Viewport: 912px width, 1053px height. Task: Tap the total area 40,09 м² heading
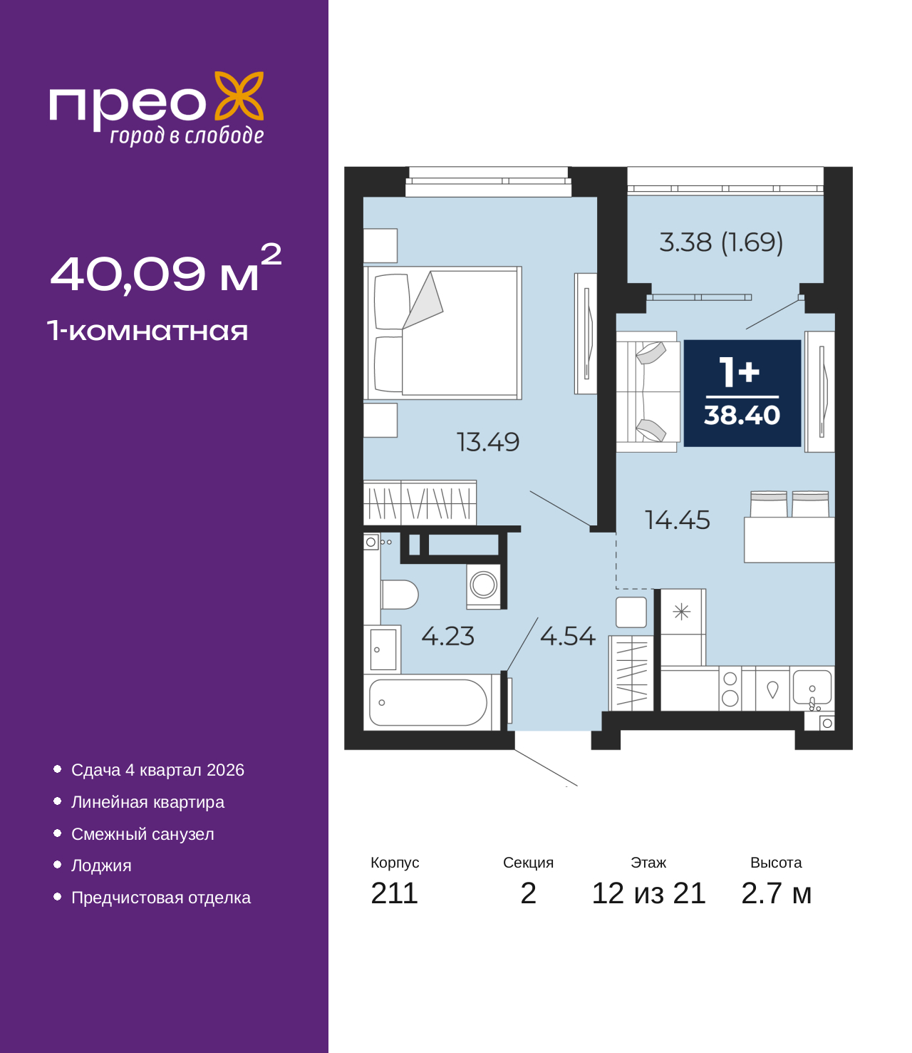165,271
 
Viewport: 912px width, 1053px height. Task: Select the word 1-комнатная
147,331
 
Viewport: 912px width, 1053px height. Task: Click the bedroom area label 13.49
488,442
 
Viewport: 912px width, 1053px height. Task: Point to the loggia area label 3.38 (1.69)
721,242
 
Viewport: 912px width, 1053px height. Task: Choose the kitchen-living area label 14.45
677,520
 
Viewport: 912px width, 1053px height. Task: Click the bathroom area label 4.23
447,636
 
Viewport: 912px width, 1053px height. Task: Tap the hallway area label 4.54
567,636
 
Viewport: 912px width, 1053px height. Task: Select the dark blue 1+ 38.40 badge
742,394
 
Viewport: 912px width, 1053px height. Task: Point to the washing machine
484,585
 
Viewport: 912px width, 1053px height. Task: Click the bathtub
427,703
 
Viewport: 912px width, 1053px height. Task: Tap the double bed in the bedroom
443,333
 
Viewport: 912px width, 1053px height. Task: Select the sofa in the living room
647,391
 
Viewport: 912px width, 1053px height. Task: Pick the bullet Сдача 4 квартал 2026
157,770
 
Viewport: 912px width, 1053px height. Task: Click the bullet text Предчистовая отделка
161,898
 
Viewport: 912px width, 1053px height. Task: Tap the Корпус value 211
394,893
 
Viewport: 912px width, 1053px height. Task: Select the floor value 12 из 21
648,893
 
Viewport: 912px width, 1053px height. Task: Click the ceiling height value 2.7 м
776,893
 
